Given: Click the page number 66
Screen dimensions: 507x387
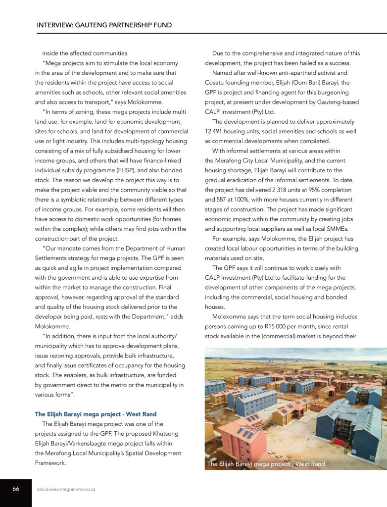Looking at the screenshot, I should click(16, 489).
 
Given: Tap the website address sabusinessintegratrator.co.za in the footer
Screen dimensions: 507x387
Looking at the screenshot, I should click(66, 489).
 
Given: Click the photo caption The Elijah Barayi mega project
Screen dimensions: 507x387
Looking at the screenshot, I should click(266, 464).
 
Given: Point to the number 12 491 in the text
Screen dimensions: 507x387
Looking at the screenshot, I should click(216, 131).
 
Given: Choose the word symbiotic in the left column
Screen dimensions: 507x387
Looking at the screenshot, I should click(71, 200).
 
